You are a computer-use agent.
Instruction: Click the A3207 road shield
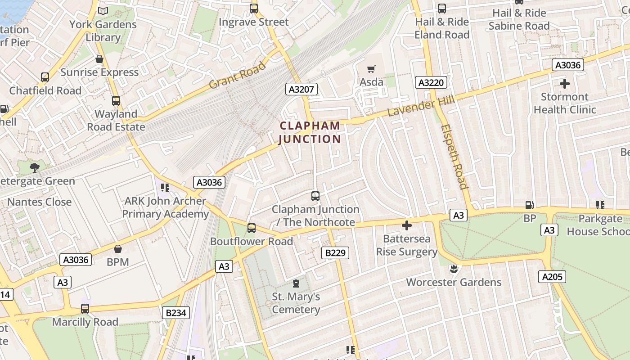click(x=301, y=89)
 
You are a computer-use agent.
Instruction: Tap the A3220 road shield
click(x=431, y=82)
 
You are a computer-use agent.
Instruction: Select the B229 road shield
click(x=335, y=253)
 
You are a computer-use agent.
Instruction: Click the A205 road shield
click(x=552, y=276)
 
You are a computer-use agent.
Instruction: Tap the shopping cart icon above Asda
click(x=371, y=69)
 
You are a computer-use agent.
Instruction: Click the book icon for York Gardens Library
click(x=103, y=11)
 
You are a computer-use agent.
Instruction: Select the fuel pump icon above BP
click(x=530, y=205)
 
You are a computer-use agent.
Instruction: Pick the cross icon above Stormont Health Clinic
click(x=564, y=84)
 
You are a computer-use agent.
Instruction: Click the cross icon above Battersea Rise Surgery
click(x=407, y=225)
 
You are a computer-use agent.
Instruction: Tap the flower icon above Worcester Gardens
click(x=454, y=269)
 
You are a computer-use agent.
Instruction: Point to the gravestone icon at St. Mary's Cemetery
click(x=296, y=283)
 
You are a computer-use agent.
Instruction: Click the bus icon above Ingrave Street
click(x=254, y=9)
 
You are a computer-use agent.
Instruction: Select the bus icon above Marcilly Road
click(x=85, y=309)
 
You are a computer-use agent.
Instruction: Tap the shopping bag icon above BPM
click(x=118, y=248)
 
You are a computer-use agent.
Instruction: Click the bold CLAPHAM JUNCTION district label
click(x=310, y=132)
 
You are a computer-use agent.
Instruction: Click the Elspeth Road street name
click(x=454, y=157)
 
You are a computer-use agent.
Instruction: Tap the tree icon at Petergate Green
click(x=35, y=168)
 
